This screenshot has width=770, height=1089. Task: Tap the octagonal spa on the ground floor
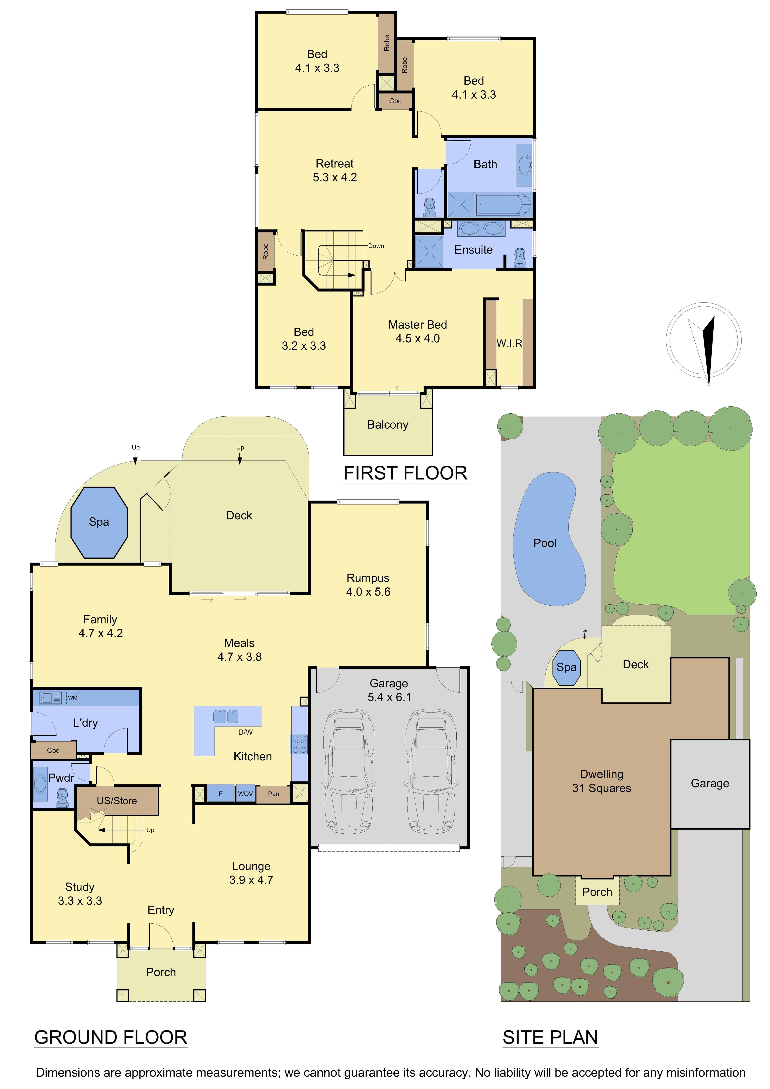[x=99, y=522]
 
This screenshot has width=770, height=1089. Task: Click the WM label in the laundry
[x=73, y=698]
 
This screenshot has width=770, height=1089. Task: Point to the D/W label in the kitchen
[x=245, y=732]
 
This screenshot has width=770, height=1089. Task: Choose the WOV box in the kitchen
[x=245, y=793]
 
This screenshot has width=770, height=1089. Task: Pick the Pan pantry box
[x=273, y=793]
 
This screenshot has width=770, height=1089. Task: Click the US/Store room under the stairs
[x=117, y=801]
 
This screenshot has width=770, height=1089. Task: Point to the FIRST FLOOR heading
[x=406, y=473]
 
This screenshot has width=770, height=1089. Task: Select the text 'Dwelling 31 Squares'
[x=602, y=781]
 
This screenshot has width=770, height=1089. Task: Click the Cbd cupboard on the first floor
[x=395, y=101]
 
